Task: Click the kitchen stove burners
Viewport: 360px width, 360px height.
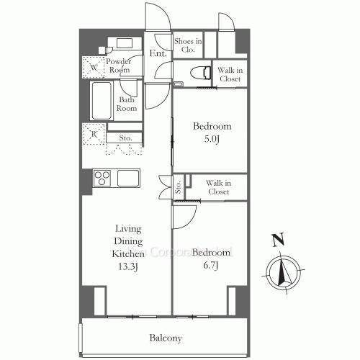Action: pyautogui.click(x=102, y=177)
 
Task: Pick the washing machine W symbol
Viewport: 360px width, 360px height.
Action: pyautogui.click(x=94, y=69)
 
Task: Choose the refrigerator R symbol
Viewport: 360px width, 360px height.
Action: pyautogui.click(x=94, y=134)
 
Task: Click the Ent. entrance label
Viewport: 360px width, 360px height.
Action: pyautogui.click(x=158, y=54)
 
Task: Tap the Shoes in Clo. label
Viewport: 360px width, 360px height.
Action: pyautogui.click(x=188, y=45)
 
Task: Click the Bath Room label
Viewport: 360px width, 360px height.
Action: pyautogui.click(x=127, y=104)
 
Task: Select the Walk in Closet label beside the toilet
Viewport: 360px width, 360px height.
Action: pyautogui.click(x=230, y=75)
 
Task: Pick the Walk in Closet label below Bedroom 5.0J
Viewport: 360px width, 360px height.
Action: pyautogui.click(x=217, y=188)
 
